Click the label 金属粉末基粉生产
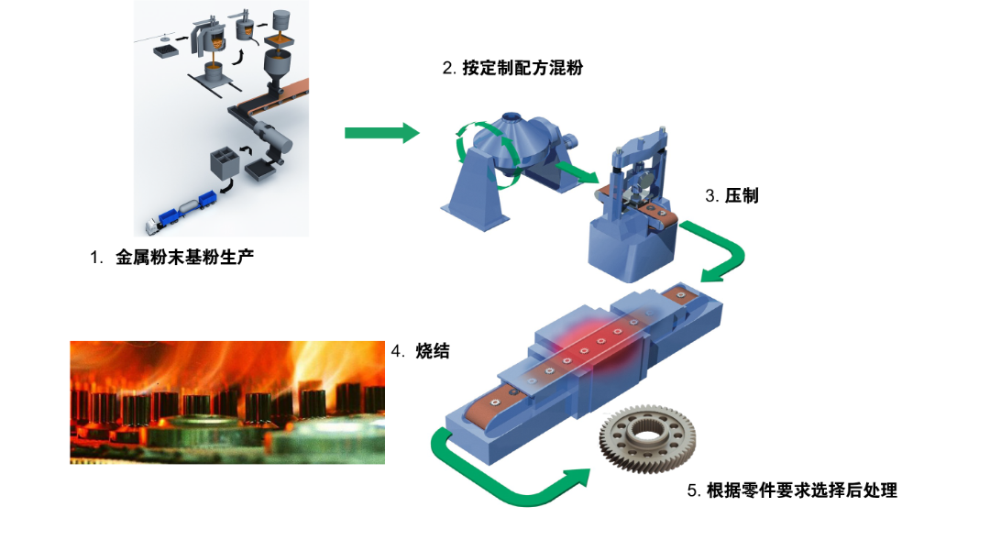click(184, 257)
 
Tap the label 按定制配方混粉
click(522, 68)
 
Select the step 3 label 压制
click(742, 196)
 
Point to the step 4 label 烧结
click(433, 351)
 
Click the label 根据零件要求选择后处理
click(802, 490)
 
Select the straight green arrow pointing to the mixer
click(382, 133)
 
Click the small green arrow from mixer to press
click(576, 171)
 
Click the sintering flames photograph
click(227, 403)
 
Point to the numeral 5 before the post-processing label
click(693, 490)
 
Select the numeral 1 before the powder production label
click(96, 258)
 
